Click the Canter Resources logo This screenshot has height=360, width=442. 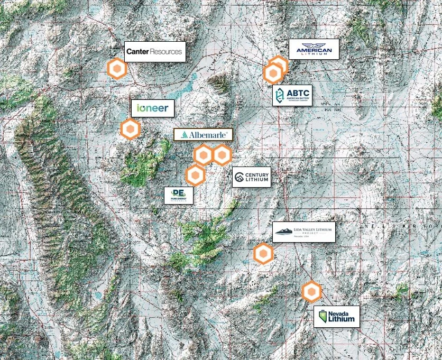tap(155, 52)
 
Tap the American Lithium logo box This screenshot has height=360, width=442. tap(314, 49)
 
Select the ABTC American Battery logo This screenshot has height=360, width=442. tap(292, 95)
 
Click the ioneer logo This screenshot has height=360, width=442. tap(153, 109)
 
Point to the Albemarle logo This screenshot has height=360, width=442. tap(203, 135)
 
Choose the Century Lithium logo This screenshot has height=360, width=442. tap(252, 178)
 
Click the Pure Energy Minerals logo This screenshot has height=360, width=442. tap(178, 196)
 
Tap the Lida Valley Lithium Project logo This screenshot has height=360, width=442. tap(304, 232)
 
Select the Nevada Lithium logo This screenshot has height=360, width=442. tap(337, 317)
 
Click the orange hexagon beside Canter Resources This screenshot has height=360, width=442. tap(116, 69)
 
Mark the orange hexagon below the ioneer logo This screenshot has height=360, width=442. tap(130, 129)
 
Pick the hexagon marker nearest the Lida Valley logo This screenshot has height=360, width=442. tap(263, 254)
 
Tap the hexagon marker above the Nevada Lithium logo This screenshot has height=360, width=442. tap(311, 291)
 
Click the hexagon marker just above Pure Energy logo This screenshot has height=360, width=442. tap(195, 175)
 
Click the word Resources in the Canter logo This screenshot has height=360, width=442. tap(165, 52)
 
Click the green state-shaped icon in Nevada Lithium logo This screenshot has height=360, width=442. tap(321, 317)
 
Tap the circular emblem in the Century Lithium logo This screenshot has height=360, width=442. tap(240, 178)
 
